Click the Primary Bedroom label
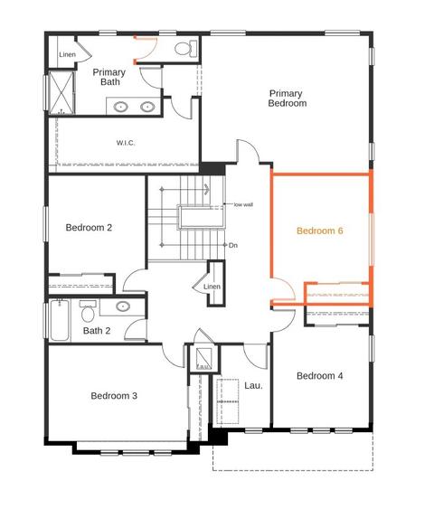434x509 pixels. pyautogui.click(x=288, y=99)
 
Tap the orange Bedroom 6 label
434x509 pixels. pyautogui.click(x=320, y=231)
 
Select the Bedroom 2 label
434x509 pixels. pyautogui.click(x=89, y=228)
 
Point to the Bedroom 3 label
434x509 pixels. pyautogui.click(x=114, y=396)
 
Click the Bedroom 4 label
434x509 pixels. pyautogui.click(x=320, y=376)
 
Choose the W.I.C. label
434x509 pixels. pyautogui.click(x=126, y=143)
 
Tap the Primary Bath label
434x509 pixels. pyautogui.click(x=109, y=77)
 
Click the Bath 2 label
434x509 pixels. pyautogui.click(x=97, y=331)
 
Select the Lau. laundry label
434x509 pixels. pyautogui.click(x=253, y=386)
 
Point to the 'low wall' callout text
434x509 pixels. pyautogui.click(x=243, y=204)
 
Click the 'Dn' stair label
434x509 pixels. pyautogui.click(x=233, y=245)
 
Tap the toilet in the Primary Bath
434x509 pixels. pyautogui.click(x=186, y=49)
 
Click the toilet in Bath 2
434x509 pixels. pyautogui.click(x=88, y=311)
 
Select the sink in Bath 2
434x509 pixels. pyautogui.click(x=123, y=306)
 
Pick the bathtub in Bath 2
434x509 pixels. pyautogui.click(x=60, y=320)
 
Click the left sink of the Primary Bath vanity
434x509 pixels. pyautogui.click(x=121, y=107)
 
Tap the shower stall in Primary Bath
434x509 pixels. pyautogui.click(x=61, y=93)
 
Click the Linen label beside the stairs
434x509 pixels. pyautogui.click(x=212, y=287)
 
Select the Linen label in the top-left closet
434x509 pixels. pyautogui.click(x=67, y=54)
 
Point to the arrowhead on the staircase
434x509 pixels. pyautogui.click(x=207, y=189)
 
